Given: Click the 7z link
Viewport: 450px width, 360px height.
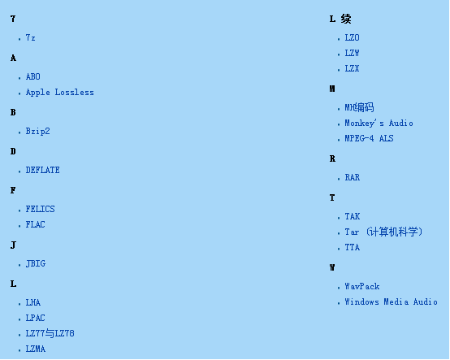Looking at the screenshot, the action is pos(30,37).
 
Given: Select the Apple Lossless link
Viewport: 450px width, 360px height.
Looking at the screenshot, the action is pos(59,92).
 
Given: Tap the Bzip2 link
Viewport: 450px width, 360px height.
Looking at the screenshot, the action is pos(37,131).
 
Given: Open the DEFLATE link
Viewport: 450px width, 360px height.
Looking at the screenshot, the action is pos(42,170).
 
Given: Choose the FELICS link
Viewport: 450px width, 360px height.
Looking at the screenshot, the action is pos(40,209).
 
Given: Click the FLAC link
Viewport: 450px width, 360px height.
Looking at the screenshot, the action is pos(35,224).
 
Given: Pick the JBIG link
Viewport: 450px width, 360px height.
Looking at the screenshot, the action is pos(35,263).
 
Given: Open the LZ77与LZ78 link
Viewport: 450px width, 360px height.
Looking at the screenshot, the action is pos(50,333).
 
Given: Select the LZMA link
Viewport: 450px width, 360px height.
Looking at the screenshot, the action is pos(35,349).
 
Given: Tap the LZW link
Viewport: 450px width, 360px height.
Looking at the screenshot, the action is pos(352,53).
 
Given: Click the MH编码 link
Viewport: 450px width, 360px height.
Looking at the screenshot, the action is pos(359,107).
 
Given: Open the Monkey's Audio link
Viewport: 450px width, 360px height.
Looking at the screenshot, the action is pos(379,124).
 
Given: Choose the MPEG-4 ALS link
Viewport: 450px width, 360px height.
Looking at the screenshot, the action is pos(369,138).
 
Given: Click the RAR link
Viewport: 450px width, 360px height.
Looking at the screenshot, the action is pos(353,177).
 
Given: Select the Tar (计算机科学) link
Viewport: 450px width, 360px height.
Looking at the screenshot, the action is pos(383,232).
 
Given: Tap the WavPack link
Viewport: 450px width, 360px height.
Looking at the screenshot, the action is pos(362,287).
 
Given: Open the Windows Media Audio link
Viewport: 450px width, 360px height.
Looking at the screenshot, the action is pos(391,302).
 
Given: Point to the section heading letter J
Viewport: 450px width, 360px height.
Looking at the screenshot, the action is pos(13,245).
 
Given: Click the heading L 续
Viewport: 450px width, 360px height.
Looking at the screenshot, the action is pos(340,19).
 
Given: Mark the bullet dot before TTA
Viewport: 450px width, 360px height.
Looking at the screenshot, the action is pos(339,249).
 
